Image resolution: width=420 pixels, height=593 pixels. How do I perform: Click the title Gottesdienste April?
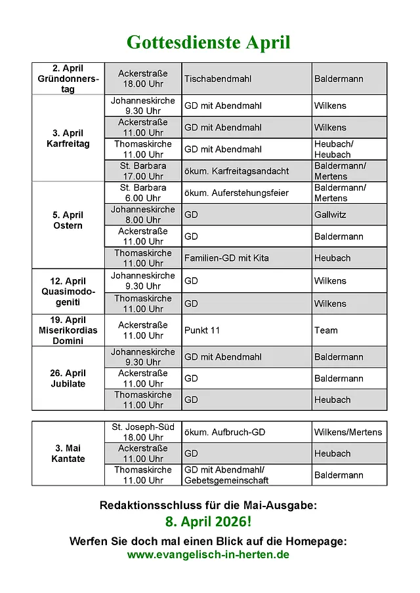[208, 43]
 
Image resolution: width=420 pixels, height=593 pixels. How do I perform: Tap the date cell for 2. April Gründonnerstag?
[68, 79]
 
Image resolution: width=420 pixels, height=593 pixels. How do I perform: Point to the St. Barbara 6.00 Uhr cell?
[143, 193]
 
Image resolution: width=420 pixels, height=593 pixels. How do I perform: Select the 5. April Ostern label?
[68, 220]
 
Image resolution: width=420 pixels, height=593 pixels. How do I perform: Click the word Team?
[325, 330]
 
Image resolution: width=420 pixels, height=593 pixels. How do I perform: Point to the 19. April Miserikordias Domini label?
[68, 330]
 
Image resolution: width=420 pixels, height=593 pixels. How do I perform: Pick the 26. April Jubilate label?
[68, 378]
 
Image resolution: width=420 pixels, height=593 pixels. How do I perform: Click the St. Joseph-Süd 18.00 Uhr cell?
[143, 432]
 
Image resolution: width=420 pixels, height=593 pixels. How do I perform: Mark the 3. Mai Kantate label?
[68, 453]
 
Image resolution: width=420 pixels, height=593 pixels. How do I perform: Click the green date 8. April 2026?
[208, 523]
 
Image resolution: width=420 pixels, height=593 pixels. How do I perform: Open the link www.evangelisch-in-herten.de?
[208, 554]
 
